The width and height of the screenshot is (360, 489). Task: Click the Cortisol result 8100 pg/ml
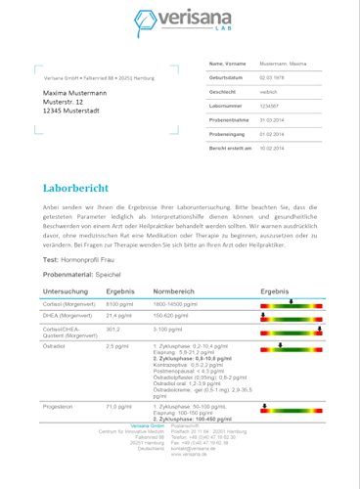tap(118, 305)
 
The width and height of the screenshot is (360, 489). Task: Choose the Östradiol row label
tap(56, 346)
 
